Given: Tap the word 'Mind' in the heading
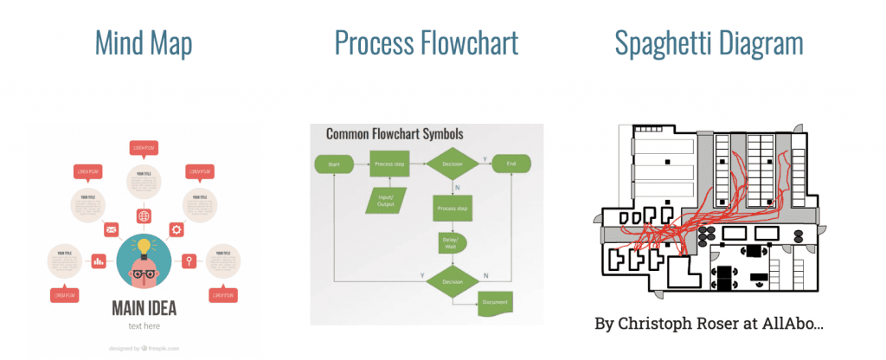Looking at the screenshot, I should (x=119, y=42).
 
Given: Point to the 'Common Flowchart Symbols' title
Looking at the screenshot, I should (x=394, y=135).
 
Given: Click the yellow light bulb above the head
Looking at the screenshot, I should (x=143, y=245).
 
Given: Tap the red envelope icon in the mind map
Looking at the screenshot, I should (x=111, y=230).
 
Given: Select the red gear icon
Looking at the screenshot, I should (x=177, y=229).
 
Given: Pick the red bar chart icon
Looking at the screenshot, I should (x=98, y=260).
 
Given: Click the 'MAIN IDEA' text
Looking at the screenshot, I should (x=144, y=307).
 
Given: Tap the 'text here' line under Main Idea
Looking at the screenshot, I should (x=144, y=326).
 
